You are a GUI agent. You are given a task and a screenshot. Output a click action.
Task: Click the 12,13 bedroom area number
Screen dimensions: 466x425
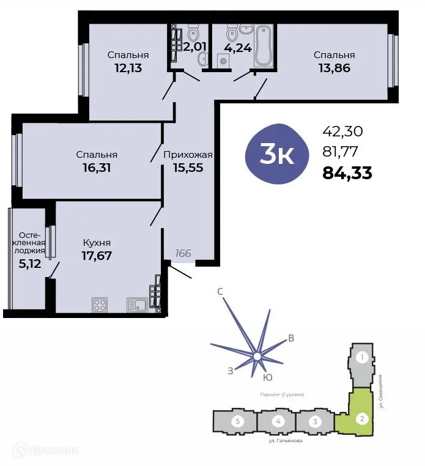(128, 68)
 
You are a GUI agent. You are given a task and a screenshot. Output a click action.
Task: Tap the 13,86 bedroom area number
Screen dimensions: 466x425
(334, 68)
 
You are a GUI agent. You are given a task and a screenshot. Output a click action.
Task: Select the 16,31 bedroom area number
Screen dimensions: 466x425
(97, 167)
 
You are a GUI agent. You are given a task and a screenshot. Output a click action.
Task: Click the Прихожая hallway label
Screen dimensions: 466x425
(188, 155)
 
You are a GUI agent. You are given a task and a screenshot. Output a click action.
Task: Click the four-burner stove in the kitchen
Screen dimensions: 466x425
(99, 304)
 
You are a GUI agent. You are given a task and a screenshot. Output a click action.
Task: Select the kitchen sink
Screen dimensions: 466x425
(137, 304)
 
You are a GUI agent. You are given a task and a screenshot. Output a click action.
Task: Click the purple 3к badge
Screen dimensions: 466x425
(277, 155)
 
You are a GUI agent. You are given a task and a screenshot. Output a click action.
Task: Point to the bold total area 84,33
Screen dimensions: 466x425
(347, 173)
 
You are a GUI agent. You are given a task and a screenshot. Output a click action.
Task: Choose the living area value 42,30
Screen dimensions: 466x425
(342, 130)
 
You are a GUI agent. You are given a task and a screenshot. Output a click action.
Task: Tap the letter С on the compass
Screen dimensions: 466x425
(220, 292)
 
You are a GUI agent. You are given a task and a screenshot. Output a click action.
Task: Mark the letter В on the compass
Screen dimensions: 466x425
(291, 338)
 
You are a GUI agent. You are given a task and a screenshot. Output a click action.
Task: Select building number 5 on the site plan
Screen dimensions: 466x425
(237, 421)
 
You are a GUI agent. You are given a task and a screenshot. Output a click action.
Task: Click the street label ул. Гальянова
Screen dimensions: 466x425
(286, 440)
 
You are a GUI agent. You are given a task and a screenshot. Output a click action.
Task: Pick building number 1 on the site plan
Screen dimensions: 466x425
(362, 357)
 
